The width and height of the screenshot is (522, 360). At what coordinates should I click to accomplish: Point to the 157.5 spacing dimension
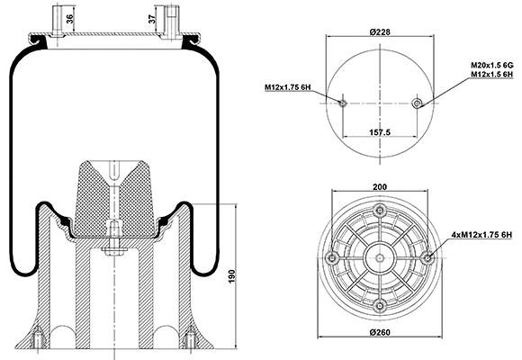(x=380, y=133)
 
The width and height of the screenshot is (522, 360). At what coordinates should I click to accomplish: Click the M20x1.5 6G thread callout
(x=490, y=66)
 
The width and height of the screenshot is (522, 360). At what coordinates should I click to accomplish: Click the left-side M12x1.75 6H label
(x=287, y=87)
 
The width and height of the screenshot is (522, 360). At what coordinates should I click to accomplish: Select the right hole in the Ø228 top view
(x=416, y=103)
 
